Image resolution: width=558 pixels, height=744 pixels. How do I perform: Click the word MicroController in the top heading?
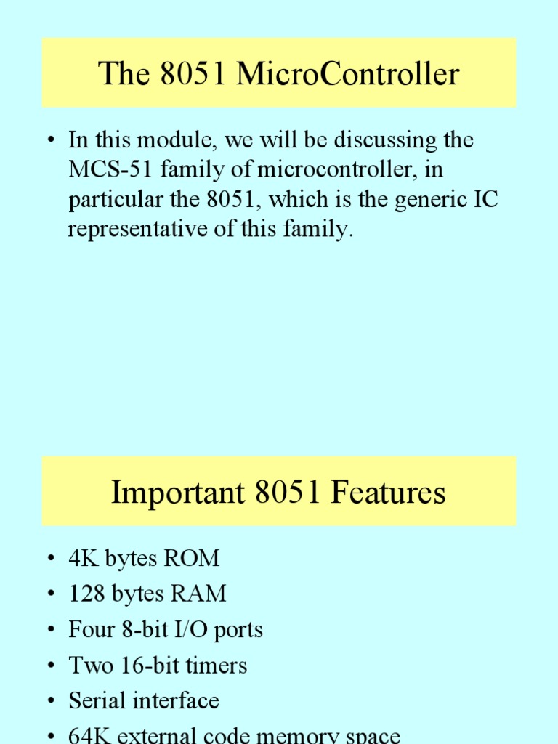point(349,74)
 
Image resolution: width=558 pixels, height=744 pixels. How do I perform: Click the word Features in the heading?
point(387,493)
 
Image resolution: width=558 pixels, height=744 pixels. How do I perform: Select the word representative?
point(146,230)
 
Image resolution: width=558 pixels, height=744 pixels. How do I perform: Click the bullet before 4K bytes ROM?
point(50,559)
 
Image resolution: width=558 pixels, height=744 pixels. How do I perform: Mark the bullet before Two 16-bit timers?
point(50,666)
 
